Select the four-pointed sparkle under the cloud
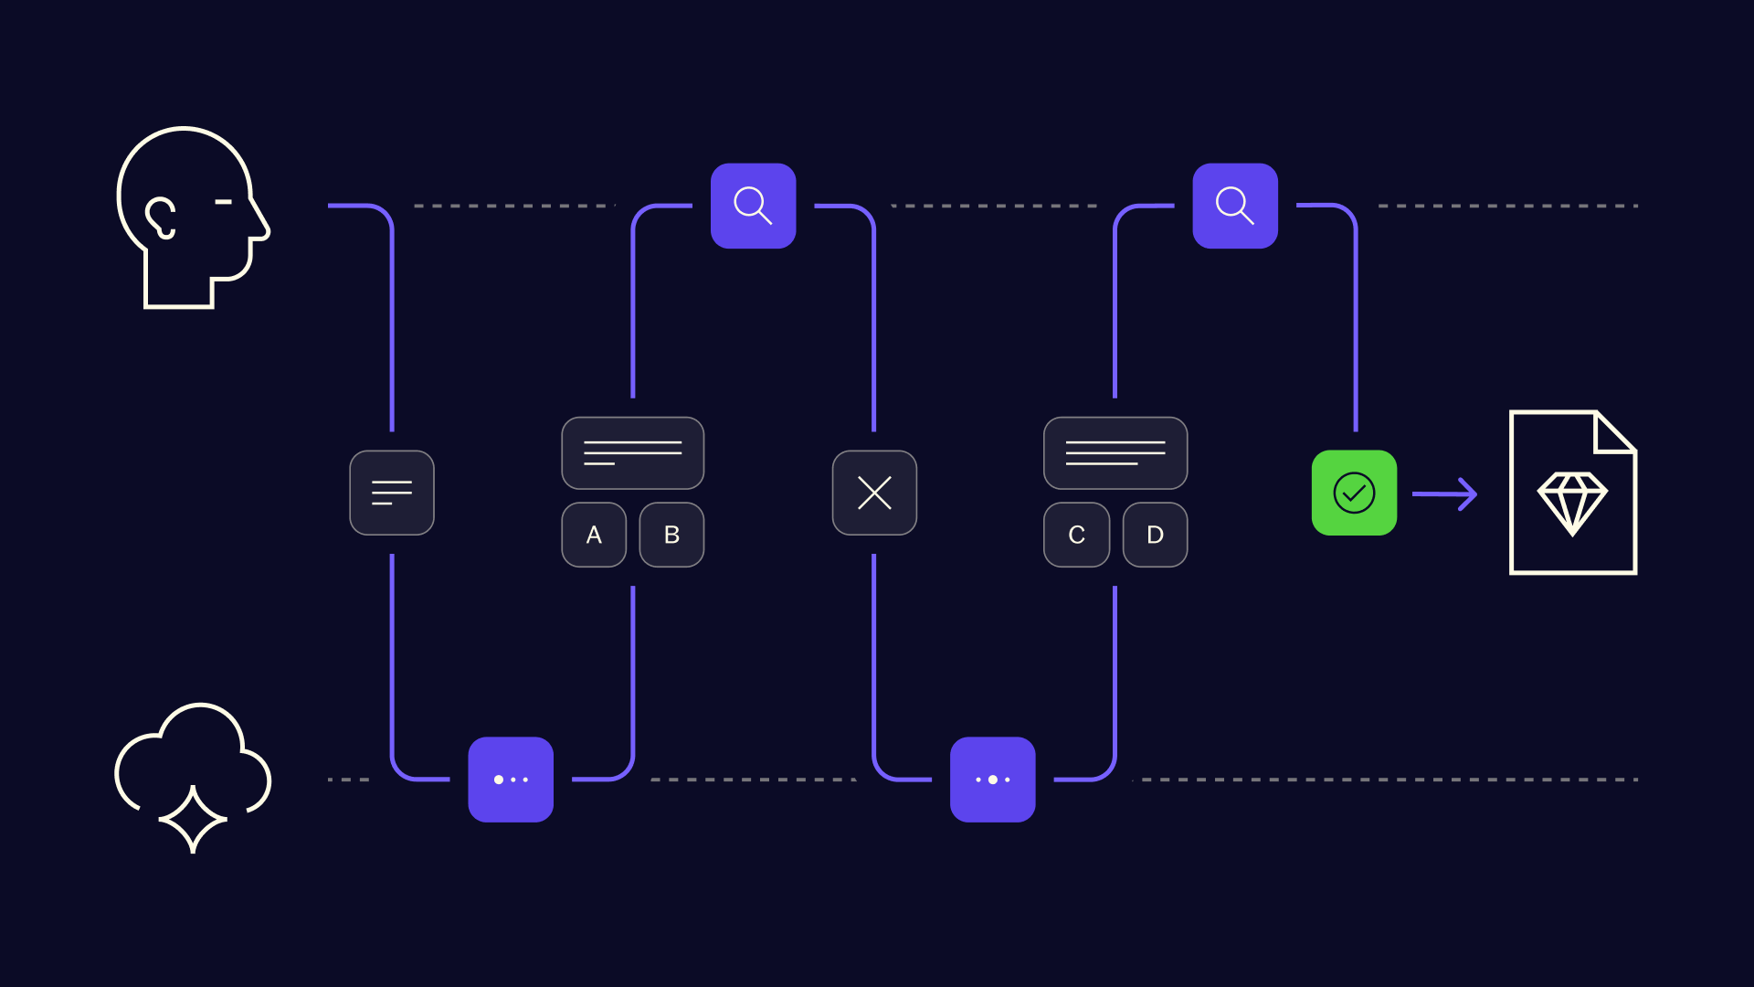coord(193,820)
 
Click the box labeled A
coord(594,535)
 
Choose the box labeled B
coord(671,535)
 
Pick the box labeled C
coord(1077,535)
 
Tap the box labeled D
coord(1155,535)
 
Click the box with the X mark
coord(874,493)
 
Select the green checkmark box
coord(1354,493)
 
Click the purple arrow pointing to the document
coord(1444,494)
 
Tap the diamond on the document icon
coord(1572,504)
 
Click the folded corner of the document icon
coord(1614,432)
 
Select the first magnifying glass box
coord(753,206)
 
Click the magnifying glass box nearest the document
coord(1235,206)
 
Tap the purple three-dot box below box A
coord(511,780)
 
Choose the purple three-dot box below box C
coord(993,780)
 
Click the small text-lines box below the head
coord(392,493)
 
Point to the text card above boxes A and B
coord(633,453)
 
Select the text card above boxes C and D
coord(1115,453)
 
